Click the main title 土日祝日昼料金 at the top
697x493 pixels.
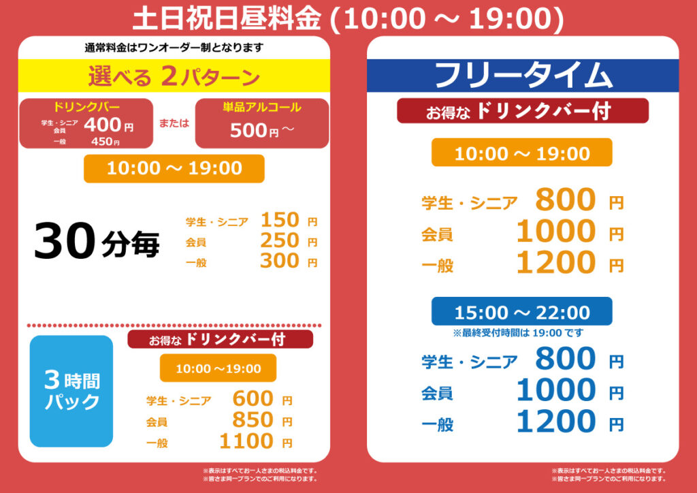[227, 18]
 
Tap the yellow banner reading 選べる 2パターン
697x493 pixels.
[174, 76]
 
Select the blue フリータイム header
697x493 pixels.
[523, 76]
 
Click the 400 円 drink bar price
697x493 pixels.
[108, 125]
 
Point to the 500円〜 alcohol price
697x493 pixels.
[262, 130]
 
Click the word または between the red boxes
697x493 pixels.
[174, 123]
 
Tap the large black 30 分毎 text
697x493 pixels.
[97, 241]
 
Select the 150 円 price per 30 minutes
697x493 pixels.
[289, 220]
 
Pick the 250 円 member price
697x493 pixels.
[289, 240]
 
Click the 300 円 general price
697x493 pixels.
[289, 261]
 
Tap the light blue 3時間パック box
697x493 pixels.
[71, 391]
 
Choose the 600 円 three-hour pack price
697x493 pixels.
[262, 399]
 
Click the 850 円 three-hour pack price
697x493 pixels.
[262, 420]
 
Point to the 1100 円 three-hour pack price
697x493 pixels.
[256, 441]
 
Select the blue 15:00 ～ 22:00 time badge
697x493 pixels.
[522, 312]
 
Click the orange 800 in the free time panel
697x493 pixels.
[566, 200]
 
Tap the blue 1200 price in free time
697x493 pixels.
[556, 422]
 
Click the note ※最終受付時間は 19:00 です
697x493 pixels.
[518, 332]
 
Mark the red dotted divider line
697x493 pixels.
[174, 326]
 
